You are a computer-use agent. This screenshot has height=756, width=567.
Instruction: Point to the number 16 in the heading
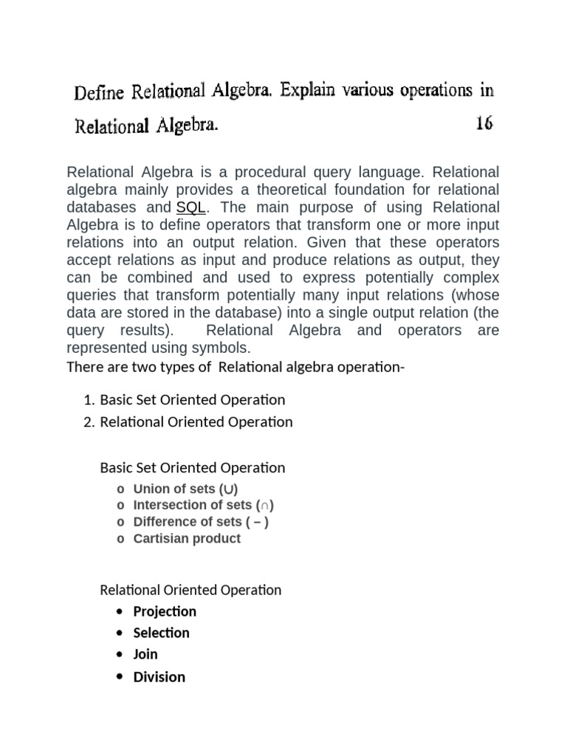[x=484, y=123]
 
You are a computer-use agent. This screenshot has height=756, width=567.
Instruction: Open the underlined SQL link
[x=190, y=207]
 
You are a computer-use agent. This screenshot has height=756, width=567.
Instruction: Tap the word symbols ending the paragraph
[x=224, y=348]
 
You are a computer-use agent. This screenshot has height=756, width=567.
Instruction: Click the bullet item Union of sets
[x=185, y=489]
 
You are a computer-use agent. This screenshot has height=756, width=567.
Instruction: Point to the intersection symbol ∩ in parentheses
[x=266, y=506]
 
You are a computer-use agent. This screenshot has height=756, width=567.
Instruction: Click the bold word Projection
[x=165, y=611]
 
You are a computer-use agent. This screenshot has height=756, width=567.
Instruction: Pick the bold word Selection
[x=161, y=633]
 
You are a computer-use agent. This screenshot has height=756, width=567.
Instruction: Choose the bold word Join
[x=145, y=654]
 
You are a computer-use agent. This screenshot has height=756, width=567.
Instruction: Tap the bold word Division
[x=159, y=677]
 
